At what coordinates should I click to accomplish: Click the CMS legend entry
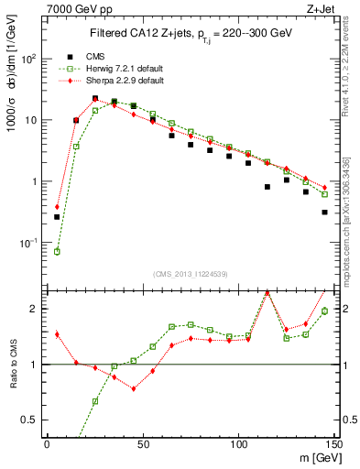click(95, 56)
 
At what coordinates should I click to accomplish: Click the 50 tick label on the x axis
click(142, 444)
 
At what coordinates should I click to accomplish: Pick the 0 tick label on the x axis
click(47, 444)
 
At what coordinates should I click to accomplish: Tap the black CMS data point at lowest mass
click(57, 217)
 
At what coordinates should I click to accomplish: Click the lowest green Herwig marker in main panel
click(57, 251)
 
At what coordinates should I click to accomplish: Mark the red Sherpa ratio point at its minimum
click(134, 388)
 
